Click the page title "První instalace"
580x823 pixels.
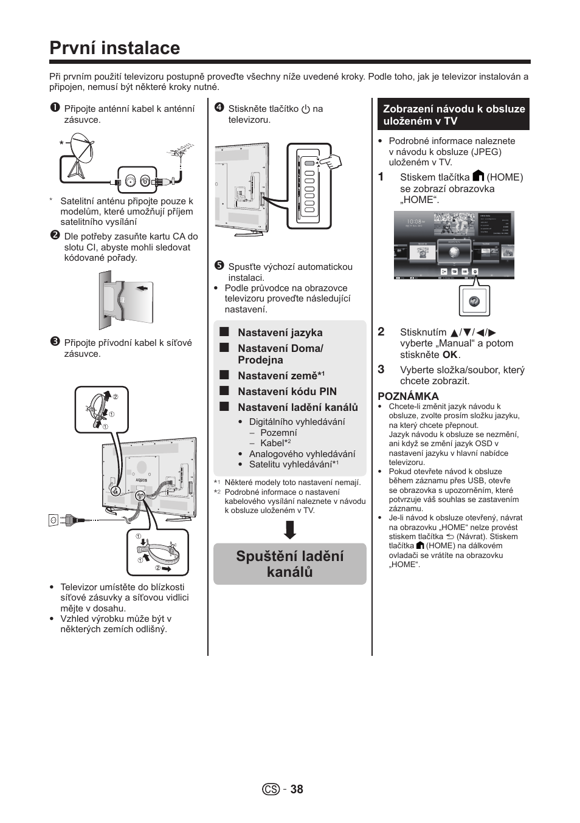coord(115,48)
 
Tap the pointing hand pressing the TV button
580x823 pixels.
coord(328,162)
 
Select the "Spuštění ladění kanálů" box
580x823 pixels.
coord(290,563)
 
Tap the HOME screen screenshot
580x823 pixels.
coord(454,245)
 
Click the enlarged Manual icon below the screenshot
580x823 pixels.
coord(474,301)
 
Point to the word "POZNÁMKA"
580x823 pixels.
coord(408,396)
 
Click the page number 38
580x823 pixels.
coord(296,789)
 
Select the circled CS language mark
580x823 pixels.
coord(271,789)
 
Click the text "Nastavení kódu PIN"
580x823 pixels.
coord(287,391)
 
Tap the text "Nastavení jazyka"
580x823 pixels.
coord(280,332)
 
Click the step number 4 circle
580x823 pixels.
coord(219,108)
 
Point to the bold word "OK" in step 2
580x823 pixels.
coord(449,355)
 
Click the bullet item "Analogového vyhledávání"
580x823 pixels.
coord(302,454)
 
